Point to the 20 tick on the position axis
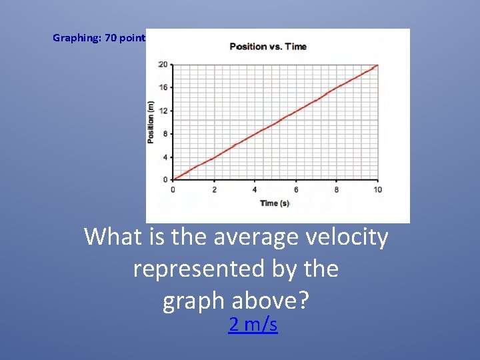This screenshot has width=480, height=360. coord(163,65)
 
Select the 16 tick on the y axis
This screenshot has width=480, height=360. coord(163,87)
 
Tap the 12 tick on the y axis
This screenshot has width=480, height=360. coord(163,111)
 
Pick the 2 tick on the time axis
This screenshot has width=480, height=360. coord(214,190)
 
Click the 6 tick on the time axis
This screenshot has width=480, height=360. coord(296,190)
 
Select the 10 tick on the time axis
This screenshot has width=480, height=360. coord(377,190)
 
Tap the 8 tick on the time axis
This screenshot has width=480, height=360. coord(337,190)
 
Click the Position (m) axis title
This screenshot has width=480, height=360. coord(151,121)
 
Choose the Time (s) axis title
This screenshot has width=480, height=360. coord(275,203)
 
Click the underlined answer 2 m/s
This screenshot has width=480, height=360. coord(253,325)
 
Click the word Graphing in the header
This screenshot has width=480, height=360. coord(76,38)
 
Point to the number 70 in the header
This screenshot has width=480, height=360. coord(111,38)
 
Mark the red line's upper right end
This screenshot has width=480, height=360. coord(377,65)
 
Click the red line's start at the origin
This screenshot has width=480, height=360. coord(173,179)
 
